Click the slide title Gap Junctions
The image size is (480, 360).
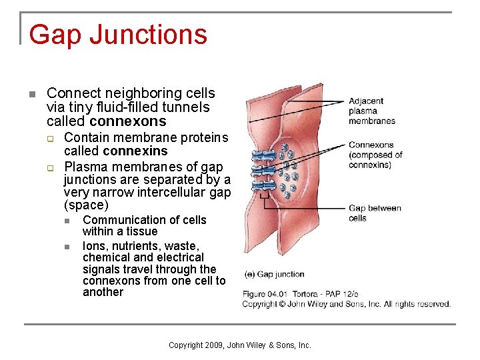(x=118, y=35)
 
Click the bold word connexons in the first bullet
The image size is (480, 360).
(x=127, y=121)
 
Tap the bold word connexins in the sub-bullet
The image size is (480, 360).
(x=135, y=151)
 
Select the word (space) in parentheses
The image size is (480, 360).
(x=85, y=205)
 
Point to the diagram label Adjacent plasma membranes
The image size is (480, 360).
(x=372, y=111)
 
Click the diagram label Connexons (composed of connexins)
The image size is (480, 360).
(x=375, y=155)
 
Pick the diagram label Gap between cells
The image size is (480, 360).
(x=375, y=213)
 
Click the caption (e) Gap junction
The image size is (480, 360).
(x=275, y=274)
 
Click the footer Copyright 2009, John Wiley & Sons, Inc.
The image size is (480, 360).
(x=240, y=345)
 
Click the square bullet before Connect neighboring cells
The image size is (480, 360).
(x=31, y=93)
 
